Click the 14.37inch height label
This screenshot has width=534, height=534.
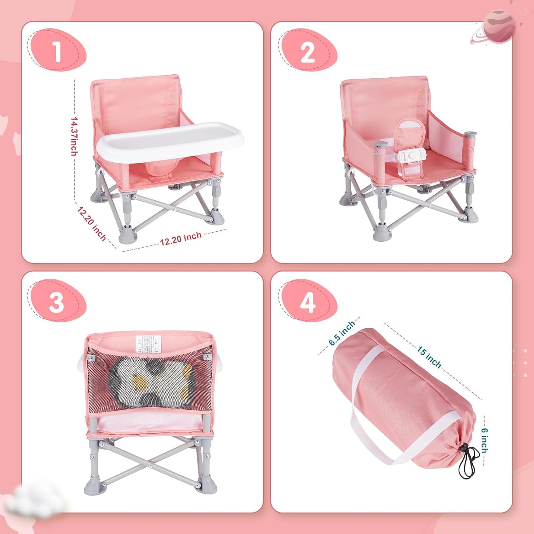[x=74, y=136]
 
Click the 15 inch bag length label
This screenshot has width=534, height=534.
[x=429, y=357]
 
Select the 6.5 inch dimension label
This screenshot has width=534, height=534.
[x=342, y=333]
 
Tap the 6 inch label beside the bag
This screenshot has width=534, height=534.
[x=484, y=440]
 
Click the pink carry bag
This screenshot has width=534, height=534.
[x=403, y=395]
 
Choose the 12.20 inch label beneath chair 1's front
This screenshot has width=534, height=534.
[x=180, y=239]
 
